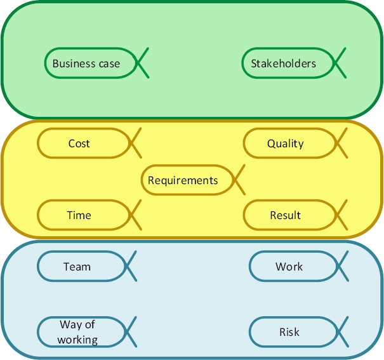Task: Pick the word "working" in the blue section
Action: tap(77, 340)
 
